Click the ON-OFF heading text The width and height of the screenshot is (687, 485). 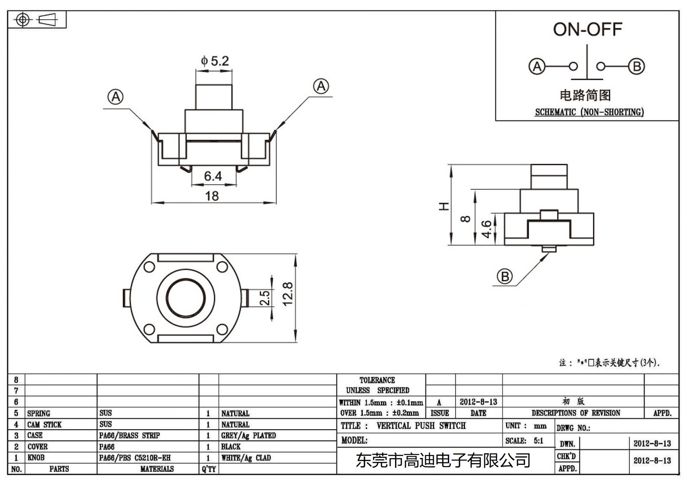(587, 30)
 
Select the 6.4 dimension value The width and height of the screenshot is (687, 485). (213, 176)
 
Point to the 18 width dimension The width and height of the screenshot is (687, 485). (212, 196)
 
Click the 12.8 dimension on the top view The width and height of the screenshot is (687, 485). (288, 294)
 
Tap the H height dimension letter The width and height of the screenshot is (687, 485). (444, 206)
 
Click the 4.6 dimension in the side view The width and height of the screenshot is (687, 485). (486, 229)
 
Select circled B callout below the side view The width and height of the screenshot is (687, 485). (505, 277)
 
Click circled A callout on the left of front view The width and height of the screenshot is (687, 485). (116, 97)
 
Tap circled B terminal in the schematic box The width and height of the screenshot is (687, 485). (636, 66)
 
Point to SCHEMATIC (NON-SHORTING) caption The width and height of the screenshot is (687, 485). (589, 112)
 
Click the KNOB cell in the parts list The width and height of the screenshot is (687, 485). (36, 458)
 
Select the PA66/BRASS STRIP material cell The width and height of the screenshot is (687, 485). (129, 435)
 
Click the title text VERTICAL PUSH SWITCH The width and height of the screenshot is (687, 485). (421, 426)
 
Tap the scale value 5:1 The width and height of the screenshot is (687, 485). (538, 440)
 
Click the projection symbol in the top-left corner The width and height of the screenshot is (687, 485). (36, 20)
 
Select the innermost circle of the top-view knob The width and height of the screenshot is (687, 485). (185, 298)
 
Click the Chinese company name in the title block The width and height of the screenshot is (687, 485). (443, 461)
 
